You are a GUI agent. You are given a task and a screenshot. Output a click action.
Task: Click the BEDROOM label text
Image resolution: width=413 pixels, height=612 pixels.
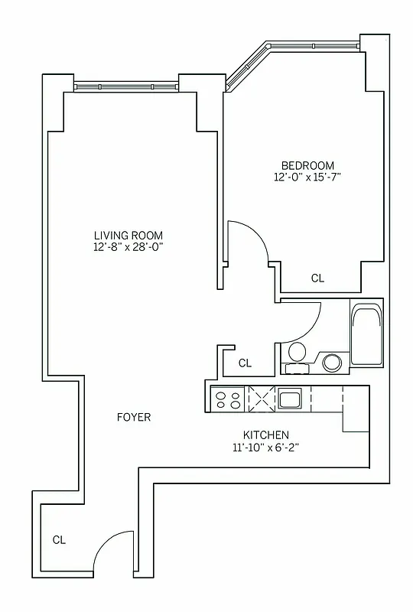tap(307, 165)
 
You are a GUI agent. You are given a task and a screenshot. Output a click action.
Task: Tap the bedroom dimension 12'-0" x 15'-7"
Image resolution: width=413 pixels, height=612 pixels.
tap(307, 177)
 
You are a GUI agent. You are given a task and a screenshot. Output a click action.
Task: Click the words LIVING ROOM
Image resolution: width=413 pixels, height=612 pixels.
tap(128, 235)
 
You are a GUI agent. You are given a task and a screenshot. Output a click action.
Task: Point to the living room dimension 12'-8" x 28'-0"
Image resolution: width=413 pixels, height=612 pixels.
tap(128, 247)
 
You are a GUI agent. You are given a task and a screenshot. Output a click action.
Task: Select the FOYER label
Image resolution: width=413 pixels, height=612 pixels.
tap(134, 417)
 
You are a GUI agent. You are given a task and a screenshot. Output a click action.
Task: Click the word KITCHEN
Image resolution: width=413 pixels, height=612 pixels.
tap(265, 435)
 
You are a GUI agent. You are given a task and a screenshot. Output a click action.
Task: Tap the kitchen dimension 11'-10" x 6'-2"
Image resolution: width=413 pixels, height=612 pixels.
tap(265, 447)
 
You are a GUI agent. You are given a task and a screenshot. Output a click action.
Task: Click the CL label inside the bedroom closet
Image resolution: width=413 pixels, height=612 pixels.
tap(317, 278)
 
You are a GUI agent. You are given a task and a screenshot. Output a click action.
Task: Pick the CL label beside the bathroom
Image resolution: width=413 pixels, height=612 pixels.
tap(245, 363)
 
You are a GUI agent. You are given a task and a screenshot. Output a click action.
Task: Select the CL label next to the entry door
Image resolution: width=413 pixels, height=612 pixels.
tap(59, 539)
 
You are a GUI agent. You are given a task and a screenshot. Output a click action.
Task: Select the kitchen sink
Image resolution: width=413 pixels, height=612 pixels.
tap(290, 399)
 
